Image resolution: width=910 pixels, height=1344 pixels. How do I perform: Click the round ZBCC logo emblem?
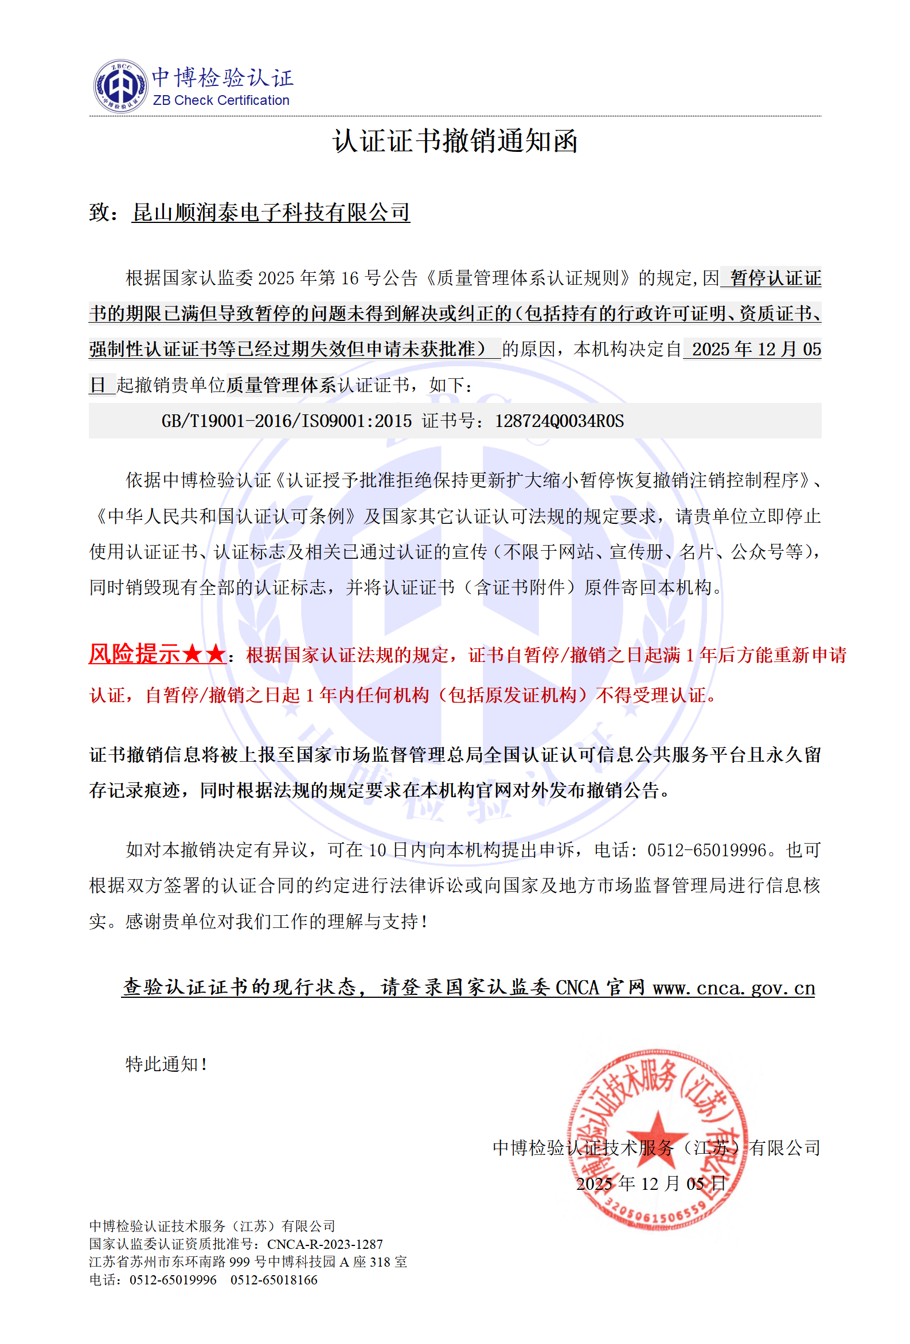click(120, 85)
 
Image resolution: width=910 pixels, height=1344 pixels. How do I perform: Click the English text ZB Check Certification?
click(221, 100)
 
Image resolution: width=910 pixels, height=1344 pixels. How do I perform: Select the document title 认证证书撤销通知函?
click(455, 141)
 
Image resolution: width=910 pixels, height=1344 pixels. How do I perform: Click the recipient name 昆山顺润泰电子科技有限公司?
click(271, 212)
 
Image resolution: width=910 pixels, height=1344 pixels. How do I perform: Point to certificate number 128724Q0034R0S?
click(559, 421)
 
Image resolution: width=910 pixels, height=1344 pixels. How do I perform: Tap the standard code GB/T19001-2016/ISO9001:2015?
click(286, 421)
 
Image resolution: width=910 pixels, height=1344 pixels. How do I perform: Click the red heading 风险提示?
click(134, 654)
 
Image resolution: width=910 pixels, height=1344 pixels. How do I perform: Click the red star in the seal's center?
click(657, 1132)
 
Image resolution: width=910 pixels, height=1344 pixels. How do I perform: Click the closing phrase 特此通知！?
click(167, 1064)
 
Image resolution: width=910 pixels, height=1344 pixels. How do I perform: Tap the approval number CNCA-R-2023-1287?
click(325, 1243)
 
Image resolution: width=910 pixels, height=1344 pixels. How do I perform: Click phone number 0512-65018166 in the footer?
click(274, 1279)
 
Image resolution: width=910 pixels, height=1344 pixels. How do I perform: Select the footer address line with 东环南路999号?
click(248, 1261)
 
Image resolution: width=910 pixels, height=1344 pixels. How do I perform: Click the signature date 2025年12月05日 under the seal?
click(650, 1182)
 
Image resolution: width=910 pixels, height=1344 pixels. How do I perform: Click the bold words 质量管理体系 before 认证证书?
click(281, 385)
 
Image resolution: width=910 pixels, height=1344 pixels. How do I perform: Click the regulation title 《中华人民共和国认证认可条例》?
click(224, 516)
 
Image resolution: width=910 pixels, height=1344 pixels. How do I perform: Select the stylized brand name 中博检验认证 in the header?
click(222, 77)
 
